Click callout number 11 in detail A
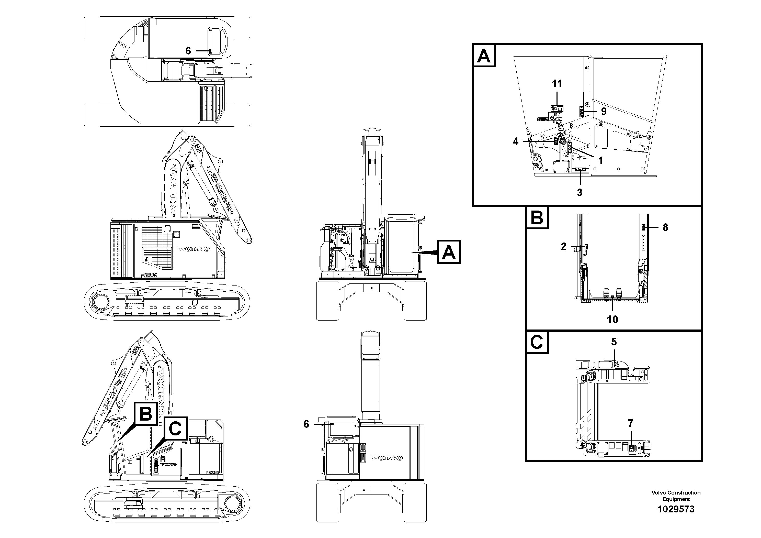557,84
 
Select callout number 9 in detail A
604,112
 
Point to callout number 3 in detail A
579,193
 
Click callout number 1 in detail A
600,161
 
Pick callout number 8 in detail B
665,227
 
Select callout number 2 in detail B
563,247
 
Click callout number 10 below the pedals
612,320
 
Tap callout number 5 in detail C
614,342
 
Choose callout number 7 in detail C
630,423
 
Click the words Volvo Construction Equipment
676,496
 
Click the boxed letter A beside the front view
449,252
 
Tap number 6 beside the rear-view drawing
306,424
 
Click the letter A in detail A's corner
484,56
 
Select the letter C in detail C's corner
537,343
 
